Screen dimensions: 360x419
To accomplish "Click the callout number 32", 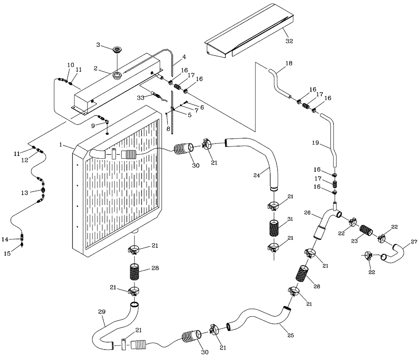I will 289,41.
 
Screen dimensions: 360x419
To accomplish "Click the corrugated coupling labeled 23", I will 367,231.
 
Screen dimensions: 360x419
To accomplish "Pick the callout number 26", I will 307,213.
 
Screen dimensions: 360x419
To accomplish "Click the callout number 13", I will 25,193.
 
